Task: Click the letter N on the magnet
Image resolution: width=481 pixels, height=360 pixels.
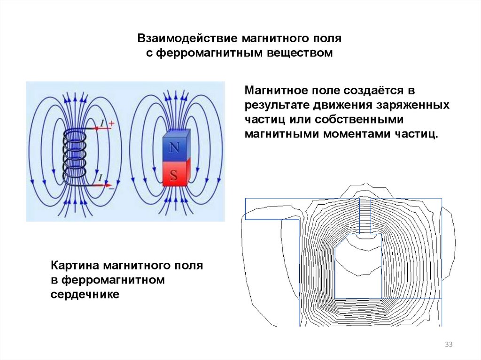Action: click(174, 148)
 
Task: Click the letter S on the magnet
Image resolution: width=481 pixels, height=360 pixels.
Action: click(174, 176)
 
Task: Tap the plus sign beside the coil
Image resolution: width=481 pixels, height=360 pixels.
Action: click(111, 123)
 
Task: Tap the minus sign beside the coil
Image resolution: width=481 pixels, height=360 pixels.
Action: click(111, 188)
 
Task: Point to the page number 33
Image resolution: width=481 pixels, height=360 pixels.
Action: click(449, 345)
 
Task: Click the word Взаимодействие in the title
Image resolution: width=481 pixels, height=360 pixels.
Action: click(187, 39)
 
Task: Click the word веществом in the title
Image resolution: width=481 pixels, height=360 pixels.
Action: click(300, 53)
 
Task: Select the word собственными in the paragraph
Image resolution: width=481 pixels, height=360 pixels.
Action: click(359, 120)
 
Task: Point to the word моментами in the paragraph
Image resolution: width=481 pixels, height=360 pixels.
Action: click(357, 134)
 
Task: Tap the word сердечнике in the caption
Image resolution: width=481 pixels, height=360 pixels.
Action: click(85, 294)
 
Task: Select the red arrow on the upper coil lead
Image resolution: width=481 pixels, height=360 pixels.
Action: click(99, 128)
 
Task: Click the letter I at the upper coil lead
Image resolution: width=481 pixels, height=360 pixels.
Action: click(102, 123)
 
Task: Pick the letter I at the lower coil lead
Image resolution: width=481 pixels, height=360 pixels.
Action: click(101, 178)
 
